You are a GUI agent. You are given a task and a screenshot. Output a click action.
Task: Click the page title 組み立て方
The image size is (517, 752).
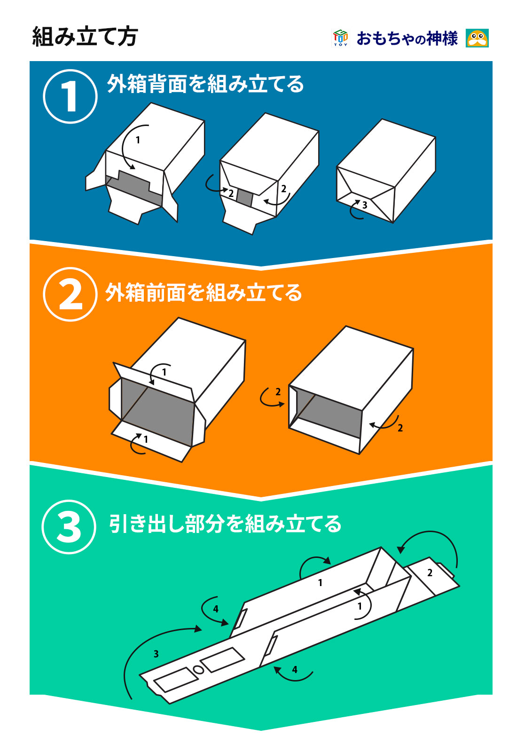coord(85,37)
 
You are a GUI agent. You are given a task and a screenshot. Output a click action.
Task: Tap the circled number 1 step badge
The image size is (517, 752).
coord(70,96)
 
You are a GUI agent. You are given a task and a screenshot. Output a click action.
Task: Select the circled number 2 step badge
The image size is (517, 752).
coord(70,294)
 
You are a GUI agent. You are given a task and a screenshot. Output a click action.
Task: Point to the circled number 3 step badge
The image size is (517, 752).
coord(69,527)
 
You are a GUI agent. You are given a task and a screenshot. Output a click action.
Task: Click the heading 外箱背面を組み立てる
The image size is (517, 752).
coord(205,84)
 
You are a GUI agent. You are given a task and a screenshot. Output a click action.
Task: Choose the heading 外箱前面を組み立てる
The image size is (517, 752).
coord(204,292)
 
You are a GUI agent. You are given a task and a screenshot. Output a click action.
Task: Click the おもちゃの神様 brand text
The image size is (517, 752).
coord(407,38)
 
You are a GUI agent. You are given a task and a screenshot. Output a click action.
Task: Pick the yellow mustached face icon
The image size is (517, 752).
coord(477,38)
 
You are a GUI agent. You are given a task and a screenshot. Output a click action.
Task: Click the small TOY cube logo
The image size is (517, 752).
coord(340,38)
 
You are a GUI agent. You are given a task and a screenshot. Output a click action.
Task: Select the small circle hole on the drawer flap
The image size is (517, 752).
coord(198,670)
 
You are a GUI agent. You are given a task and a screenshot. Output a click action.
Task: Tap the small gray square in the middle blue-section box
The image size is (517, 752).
coord(244,198)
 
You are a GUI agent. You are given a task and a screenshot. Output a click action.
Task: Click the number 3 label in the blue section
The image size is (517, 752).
coord(365,205)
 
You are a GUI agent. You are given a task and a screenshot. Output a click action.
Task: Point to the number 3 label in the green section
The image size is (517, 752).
coord(156,654)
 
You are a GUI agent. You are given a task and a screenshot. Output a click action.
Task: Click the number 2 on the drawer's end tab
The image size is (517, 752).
coord(430,573)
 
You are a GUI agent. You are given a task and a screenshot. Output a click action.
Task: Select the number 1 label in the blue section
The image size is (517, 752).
coord(138,140)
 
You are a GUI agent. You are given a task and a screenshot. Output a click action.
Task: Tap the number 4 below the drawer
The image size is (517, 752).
coord(294,669)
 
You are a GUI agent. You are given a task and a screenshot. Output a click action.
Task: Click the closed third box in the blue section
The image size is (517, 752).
coord(386,171)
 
